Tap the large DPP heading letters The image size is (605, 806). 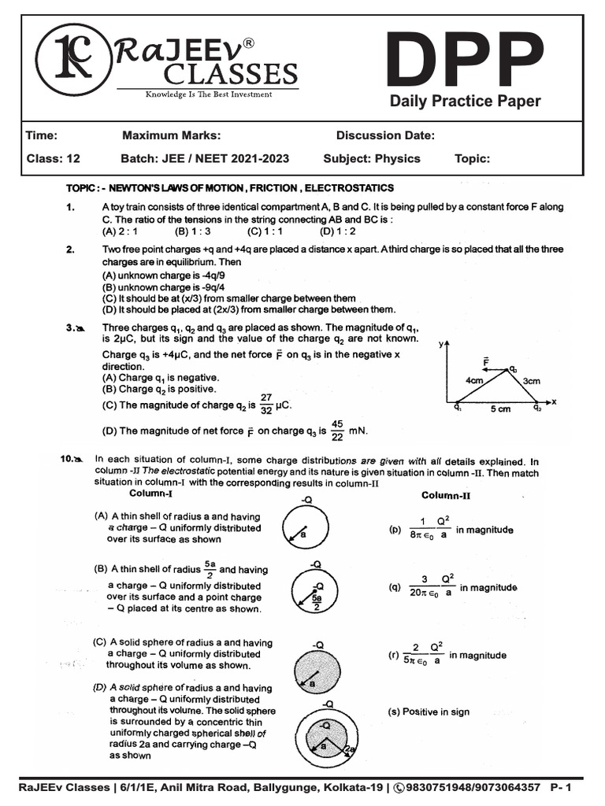pyautogui.click(x=465, y=62)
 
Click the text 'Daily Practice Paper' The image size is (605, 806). pyautogui.click(x=466, y=101)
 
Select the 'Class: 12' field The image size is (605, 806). pyautogui.click(x=54, y=158)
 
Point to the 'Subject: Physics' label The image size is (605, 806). pyautogui.click(x=372, y=158)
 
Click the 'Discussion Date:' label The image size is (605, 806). pyautogui.click(x=385, y=135)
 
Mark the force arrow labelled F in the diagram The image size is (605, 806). pyautogui.click(x=493, y=367)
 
